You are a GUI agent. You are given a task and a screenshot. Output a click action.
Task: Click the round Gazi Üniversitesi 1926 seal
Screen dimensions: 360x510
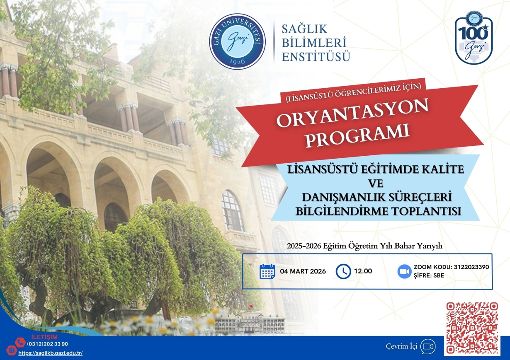237,42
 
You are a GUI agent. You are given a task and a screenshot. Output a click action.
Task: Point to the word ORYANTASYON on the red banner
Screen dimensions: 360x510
353,115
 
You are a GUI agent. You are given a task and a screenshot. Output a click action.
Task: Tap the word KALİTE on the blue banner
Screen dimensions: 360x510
440,169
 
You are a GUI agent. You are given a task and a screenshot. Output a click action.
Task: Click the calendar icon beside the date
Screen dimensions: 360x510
267,271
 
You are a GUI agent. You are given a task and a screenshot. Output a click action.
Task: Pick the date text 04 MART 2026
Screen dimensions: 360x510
303,272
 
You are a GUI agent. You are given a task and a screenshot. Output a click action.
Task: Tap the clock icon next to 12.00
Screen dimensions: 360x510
343,271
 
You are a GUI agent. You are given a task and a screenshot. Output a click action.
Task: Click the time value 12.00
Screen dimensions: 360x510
363,271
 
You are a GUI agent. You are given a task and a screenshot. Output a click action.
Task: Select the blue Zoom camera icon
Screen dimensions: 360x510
404,271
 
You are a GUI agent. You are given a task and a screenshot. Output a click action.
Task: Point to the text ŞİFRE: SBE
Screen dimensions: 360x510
429,276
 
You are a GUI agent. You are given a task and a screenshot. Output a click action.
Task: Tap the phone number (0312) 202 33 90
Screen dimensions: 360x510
47,344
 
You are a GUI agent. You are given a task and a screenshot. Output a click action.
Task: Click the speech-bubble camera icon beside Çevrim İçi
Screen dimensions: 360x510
428,346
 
